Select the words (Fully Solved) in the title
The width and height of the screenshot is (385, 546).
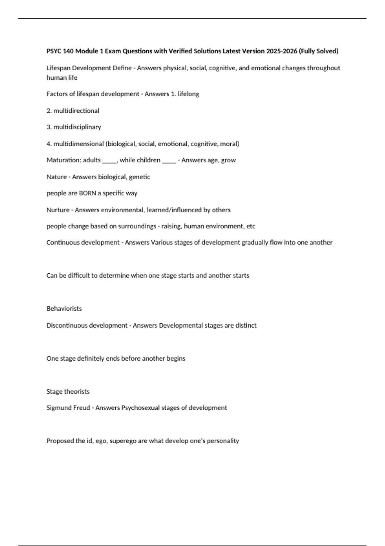point(319,51)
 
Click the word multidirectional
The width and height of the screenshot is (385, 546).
point(76,111)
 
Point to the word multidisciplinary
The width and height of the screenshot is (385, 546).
point(77,127)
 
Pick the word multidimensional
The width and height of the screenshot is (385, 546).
point(79,144)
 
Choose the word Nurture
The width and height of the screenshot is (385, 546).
point(58,210)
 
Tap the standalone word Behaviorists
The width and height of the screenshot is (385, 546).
point(64,309)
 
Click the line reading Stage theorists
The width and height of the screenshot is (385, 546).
point(68,392)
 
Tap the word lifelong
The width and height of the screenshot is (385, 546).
point(188,94)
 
